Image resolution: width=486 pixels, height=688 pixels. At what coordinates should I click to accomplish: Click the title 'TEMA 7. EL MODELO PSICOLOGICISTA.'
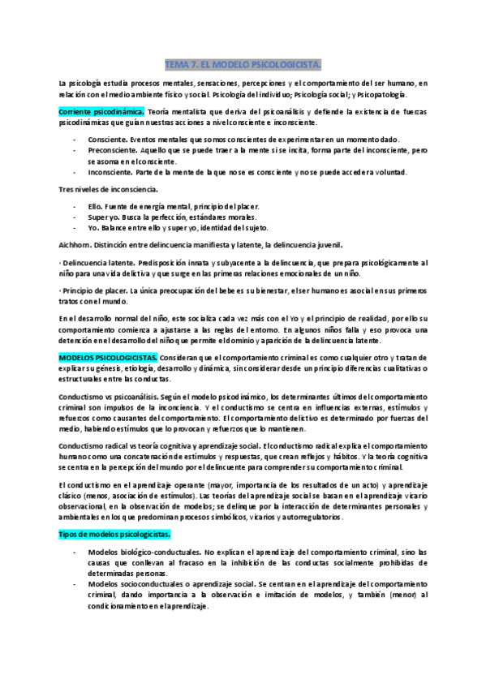click(243, 63)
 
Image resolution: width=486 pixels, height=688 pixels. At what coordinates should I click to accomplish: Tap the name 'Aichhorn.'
click(78, 245)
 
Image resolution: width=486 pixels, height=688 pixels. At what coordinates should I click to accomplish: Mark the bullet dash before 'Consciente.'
click(75, 140)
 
